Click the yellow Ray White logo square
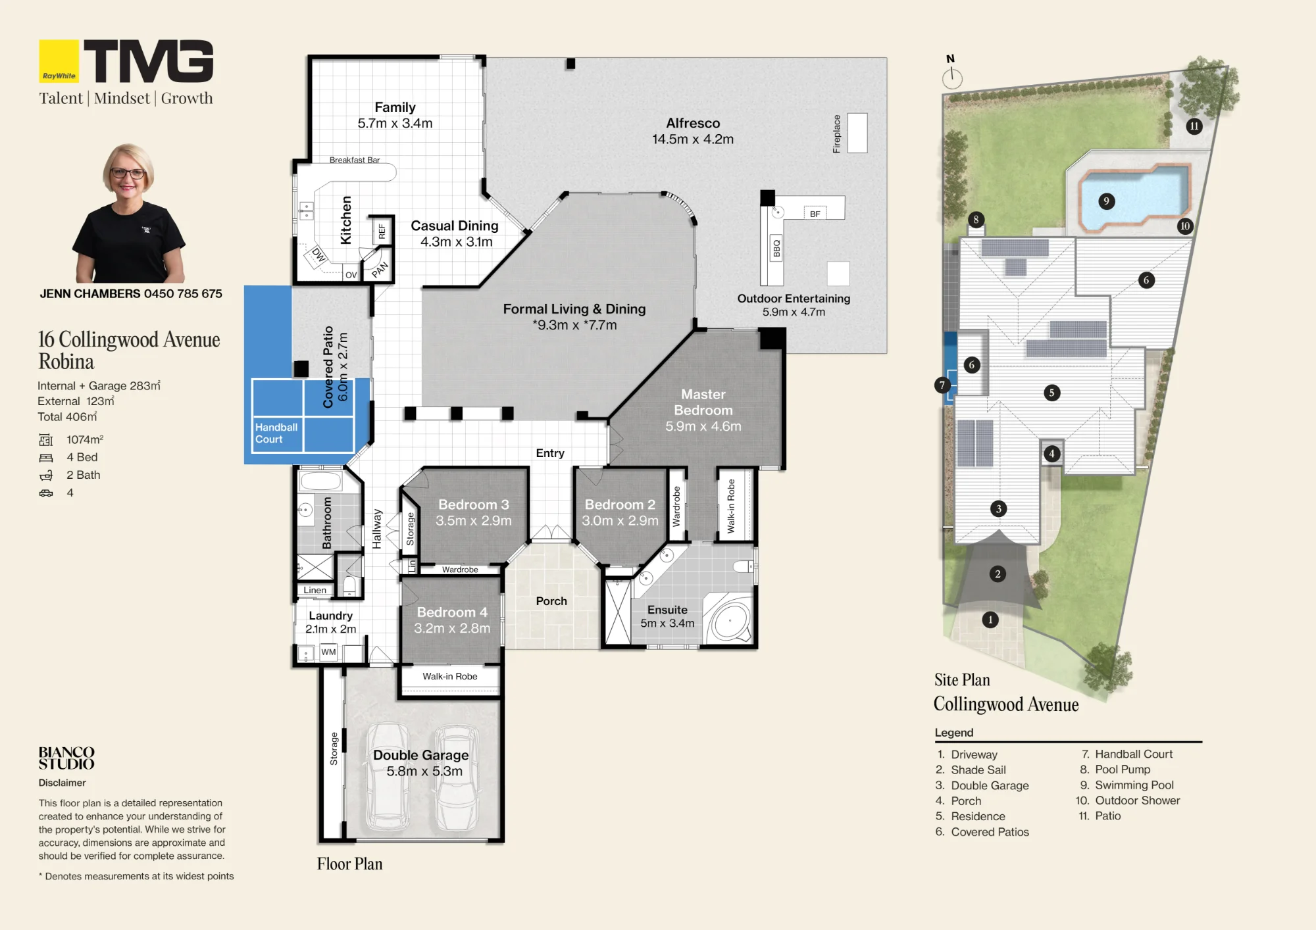[59, 61]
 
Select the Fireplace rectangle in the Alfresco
[857, 133]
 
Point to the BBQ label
[776, 248]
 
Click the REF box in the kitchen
[382, 232]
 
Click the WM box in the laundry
[328, 652]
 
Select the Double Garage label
[421, 755]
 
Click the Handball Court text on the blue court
[276, 433]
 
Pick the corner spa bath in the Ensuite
[729, 619]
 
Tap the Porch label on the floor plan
[551, 601]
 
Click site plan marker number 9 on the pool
[1106, 201]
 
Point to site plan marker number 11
[1194, 126]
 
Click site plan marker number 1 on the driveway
[990, 620]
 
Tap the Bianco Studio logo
[66, 758]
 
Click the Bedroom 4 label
[452, 612]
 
